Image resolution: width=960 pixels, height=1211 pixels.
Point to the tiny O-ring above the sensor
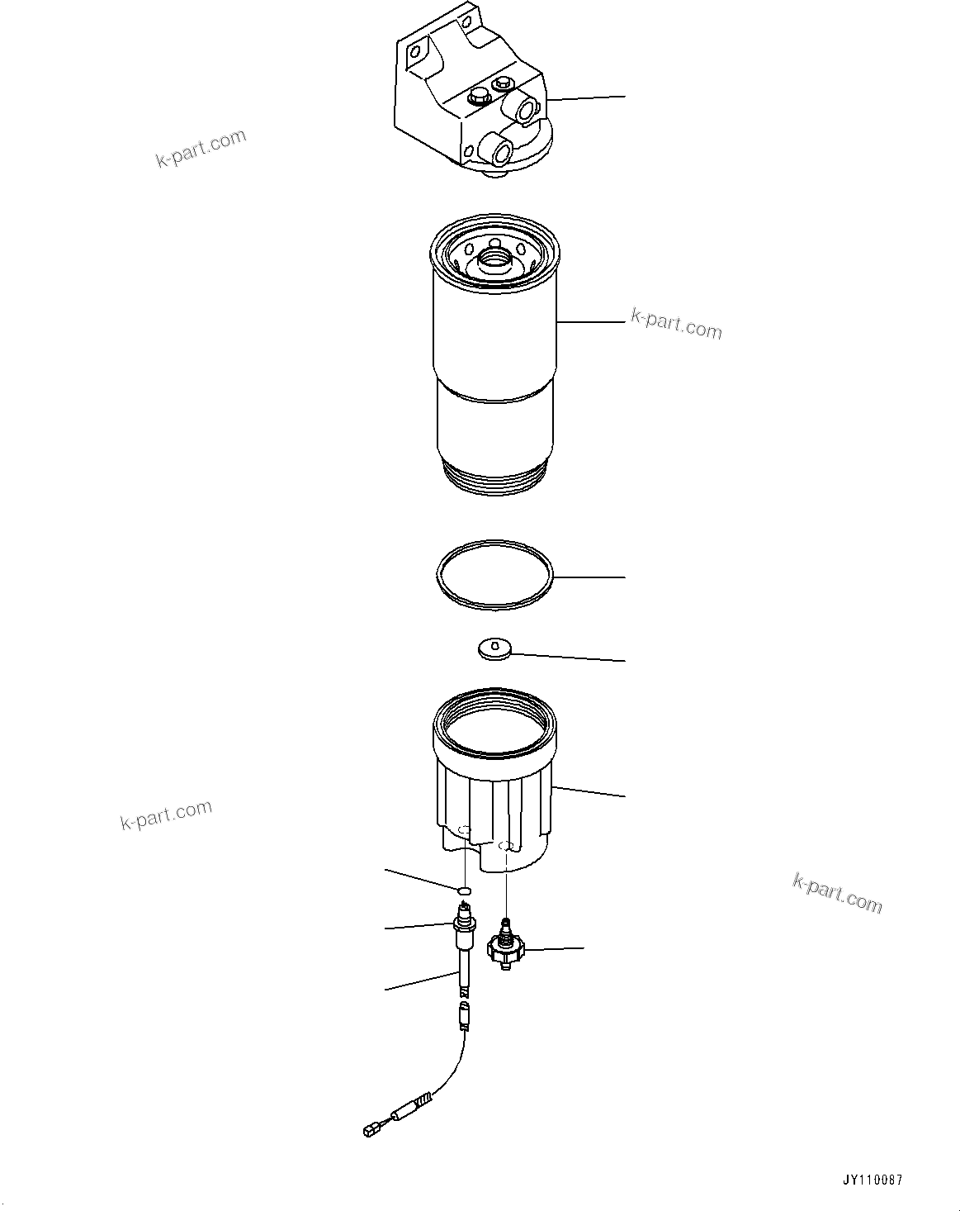click(464, 890)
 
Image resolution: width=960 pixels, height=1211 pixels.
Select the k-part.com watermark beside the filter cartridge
click(676, 324)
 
